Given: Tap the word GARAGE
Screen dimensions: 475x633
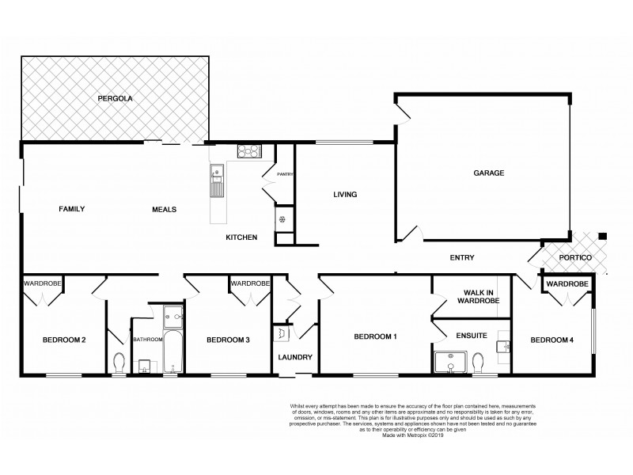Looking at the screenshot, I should coord(489,173).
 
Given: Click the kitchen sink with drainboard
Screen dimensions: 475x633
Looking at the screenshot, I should coord(216,180).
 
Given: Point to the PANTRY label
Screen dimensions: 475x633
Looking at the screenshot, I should coord(286,174).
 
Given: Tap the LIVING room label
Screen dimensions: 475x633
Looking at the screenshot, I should coord(345,194).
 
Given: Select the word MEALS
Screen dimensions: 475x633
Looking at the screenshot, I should coord(164,209).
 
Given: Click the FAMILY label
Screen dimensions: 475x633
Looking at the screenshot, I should coord(71,209).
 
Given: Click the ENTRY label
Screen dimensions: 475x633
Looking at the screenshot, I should coord(461,257).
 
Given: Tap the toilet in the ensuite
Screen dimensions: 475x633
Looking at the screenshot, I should coord(478,362).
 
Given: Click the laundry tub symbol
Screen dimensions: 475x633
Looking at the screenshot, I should coord(281,335).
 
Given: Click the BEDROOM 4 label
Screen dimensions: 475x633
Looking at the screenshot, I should coord(552,340).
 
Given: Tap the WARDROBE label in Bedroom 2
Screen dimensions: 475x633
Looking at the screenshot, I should coord(41,283).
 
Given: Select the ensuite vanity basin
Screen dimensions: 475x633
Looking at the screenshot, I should coord(502,347).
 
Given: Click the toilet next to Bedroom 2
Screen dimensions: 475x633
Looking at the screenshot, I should coord(119,363).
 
